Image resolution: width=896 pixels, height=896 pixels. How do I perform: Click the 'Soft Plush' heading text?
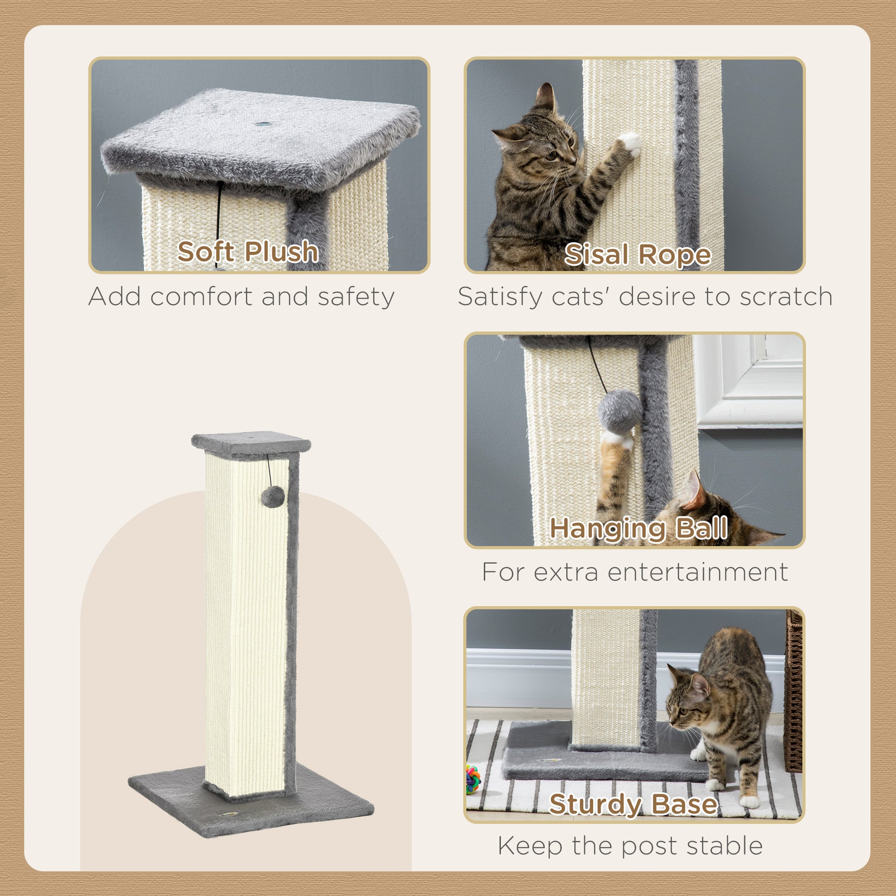coord(248,252)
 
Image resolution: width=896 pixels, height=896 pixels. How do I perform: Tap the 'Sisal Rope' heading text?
coord(637,255)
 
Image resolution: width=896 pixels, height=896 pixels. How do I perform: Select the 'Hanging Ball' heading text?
coord(638,528)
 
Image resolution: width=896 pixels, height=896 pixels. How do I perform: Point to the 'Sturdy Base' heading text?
coord(634,804)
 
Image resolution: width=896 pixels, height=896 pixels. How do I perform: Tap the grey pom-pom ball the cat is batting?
coord(620,411)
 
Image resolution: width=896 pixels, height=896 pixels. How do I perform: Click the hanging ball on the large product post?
coord(273,497)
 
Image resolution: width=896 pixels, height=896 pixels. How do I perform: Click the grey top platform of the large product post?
coord(250,443)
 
